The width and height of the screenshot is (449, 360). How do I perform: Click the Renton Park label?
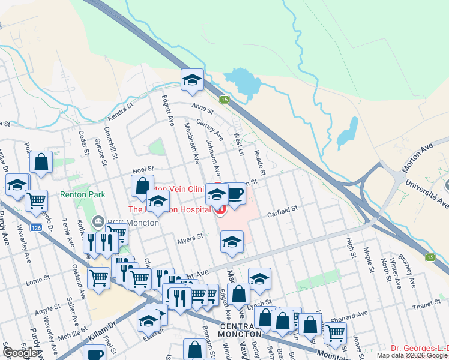(82, 194)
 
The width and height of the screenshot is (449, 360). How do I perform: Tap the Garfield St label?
(283, 210)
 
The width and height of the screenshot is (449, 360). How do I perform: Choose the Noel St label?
(143, 170)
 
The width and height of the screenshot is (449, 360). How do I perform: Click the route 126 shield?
(37, 228)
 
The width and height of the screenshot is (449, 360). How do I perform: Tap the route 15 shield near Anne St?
(224, 99)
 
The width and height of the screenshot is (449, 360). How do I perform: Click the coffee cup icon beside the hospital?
(235, 194)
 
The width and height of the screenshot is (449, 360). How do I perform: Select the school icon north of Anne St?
(192, 80)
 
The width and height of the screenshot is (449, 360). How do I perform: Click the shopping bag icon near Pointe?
(40, 161)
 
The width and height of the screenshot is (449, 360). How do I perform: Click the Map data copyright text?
(412, 355)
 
